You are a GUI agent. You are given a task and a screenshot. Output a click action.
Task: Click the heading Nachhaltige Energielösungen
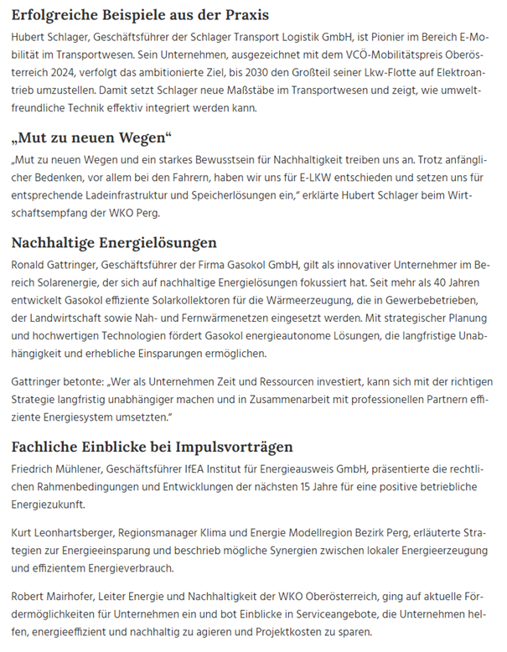click(x=114, y=243)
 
